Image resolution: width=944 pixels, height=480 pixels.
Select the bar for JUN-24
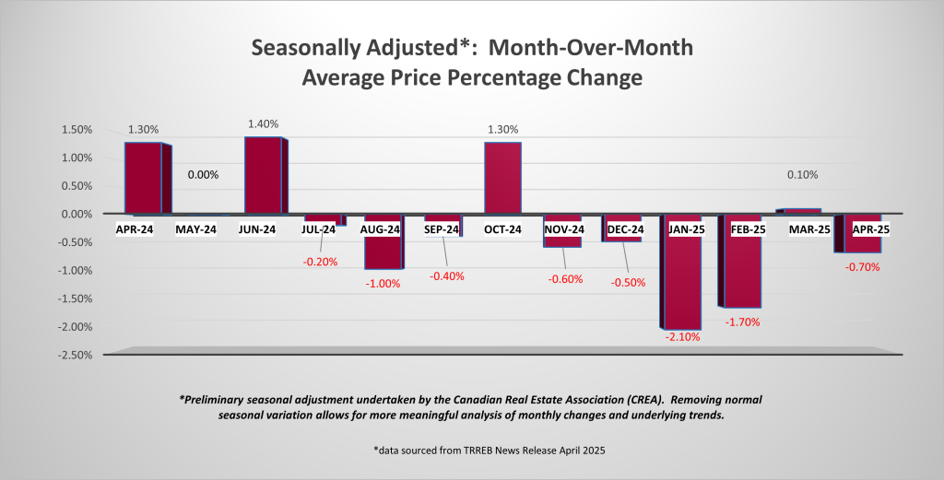click(263, 175)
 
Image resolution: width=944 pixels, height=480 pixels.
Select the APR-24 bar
click(143, 178)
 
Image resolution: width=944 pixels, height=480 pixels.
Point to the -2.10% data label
click(682, 337)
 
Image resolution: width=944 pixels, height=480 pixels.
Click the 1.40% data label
click(263, 124)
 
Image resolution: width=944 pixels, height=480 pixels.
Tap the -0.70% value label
click(864, 267)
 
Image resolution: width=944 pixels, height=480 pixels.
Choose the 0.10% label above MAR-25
click(803, 174)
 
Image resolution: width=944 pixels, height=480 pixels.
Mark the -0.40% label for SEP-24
click(443, 275)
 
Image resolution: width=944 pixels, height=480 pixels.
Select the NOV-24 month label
click(563, 228)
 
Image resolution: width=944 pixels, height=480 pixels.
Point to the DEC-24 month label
click(623, 228)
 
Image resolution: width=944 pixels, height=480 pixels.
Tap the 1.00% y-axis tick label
click(77, 158)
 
